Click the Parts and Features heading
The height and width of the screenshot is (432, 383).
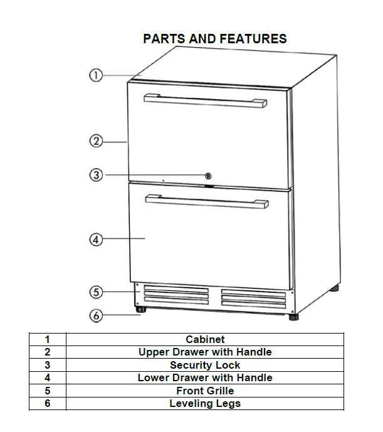pos(214,39)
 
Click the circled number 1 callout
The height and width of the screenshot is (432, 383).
pos(95,75)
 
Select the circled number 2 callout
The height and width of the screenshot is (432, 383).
pos(95,142)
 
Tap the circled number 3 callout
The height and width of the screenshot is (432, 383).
pos(95,175)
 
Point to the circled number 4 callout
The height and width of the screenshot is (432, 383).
pos(95,240)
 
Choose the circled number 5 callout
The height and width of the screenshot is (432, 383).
pos(95,292)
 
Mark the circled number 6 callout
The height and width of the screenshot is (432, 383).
pos(95,315)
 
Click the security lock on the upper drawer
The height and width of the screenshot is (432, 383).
pos(209,176)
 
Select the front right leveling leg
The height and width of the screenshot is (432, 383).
pos(293,317)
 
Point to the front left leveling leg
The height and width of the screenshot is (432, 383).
pos(139,308)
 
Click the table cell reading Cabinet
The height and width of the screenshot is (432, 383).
pos(205,339)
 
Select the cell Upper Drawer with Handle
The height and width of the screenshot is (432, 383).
pos(205,352)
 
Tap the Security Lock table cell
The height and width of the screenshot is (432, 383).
pos(205,365)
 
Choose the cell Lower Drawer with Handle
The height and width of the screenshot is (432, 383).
pos(205,377)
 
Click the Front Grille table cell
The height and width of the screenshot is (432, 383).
pos(205,391)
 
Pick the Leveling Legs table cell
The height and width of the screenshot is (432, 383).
pos(205,403)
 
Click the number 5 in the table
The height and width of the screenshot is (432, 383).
pos(47,391)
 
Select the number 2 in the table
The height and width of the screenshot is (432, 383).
pos(47,352)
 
